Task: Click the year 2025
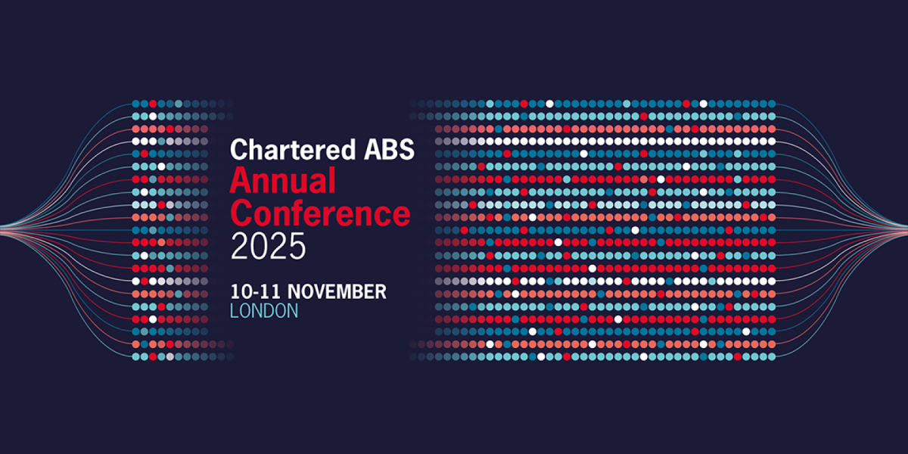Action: coord(268,246)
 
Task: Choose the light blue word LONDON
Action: coord(264,311)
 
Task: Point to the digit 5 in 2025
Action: coord(296,246)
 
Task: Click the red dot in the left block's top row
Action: coord(153,103)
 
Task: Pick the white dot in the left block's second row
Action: coord(153,116)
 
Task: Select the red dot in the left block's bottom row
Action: coord(153,356)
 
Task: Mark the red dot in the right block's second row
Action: coord(643,116)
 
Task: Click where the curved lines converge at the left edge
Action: coord(4,226)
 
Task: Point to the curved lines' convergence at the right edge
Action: coord(903,226)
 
